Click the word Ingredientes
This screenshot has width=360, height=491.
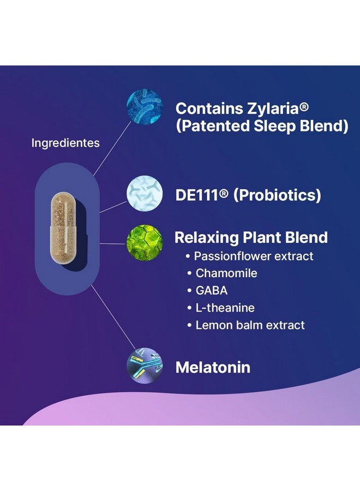point(65,143)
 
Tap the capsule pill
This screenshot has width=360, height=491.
point(63,228)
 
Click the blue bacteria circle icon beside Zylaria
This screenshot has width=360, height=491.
point(145,106)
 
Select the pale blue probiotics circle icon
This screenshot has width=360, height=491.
point(145,193)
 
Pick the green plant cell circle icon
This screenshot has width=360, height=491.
point(145,242)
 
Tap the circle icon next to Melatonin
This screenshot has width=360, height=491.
point(145,366)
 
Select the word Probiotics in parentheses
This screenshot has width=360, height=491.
point(277,195)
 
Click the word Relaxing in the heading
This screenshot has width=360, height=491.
point(206,238)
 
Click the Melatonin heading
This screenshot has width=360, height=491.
point(213,368)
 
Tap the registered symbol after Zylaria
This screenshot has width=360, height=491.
point(304,107)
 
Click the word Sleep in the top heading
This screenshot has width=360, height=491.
point(274,126)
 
